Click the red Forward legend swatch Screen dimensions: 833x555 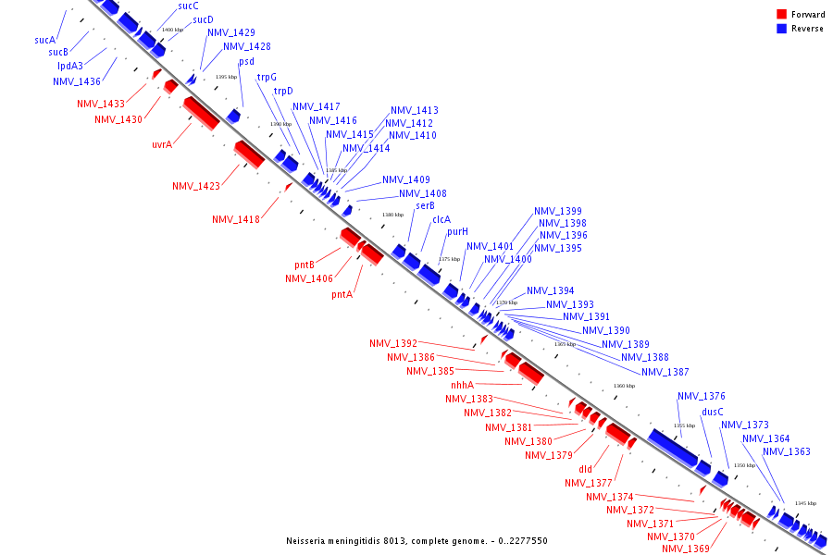(782, 14)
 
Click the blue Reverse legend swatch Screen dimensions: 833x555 (782, 28)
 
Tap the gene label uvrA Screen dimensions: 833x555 (162, 144)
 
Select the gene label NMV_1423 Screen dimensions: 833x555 (196, 186)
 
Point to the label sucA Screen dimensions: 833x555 (45, 40)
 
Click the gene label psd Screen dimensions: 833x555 (246, 62)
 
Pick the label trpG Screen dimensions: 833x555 (267, 77)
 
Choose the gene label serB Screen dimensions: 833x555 (425, 205)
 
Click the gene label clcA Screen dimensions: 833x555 (441, 219)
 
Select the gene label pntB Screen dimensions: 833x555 (305, 265)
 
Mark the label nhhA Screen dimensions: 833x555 (463, 385)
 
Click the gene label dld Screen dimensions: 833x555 (585, 469)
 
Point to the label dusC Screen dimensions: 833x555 (713, 412)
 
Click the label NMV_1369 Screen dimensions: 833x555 (686, 549)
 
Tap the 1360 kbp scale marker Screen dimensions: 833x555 (625, 386)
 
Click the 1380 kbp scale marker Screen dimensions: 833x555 (393, 215)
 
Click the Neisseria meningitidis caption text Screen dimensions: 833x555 (416, 540)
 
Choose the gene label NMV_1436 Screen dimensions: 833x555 (77, 81)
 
